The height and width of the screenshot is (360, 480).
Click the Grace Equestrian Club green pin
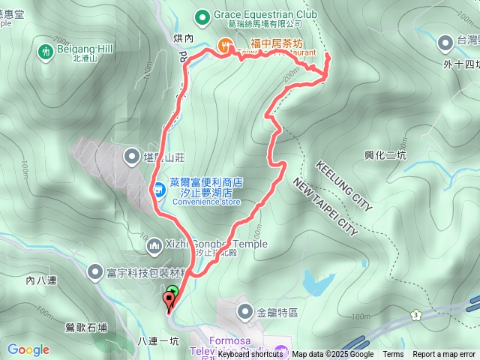point(202,15)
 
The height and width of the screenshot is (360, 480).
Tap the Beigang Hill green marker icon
point(44,51)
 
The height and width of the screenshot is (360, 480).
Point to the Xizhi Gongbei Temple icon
point(154,244)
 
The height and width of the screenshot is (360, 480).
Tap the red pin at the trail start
point(169,302)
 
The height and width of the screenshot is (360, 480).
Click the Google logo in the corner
point(28,349)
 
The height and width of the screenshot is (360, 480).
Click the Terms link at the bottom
point(393,354)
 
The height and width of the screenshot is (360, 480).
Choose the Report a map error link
point(444,354)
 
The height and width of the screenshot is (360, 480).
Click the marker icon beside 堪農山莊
point(131,156)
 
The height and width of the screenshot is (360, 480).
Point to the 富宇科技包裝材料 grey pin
point(96,271)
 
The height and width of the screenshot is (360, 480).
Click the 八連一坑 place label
point(158,340)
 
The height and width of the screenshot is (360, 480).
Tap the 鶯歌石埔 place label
point(86,327)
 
